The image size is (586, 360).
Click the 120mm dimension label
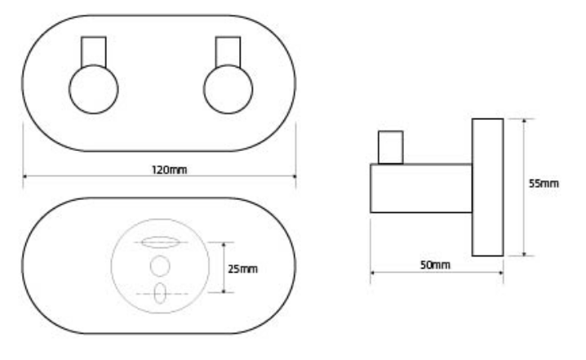169,170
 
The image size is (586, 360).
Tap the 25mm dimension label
242,269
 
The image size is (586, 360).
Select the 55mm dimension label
544,184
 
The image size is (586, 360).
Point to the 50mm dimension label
435,265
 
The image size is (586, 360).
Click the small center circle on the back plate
160,266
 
